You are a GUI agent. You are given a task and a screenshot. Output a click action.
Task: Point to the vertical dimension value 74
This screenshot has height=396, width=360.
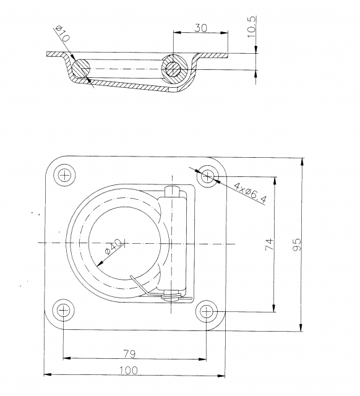[268, 244]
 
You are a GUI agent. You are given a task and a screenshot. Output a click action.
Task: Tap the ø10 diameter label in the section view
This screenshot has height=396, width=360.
[62, 33]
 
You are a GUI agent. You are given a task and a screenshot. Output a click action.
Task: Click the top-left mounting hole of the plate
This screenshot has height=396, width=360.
[64, 176]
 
